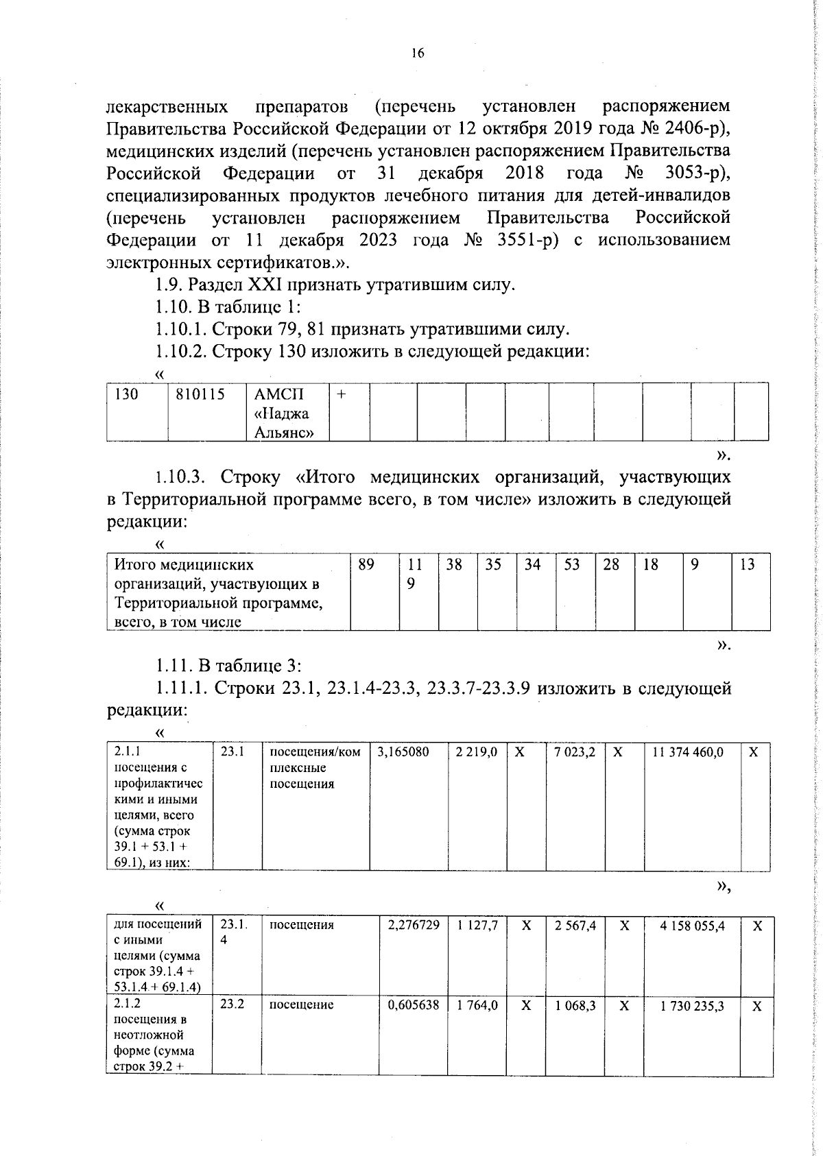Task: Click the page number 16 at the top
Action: pyautogui.click(x=418, y=53)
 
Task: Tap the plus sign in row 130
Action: pyautogui.click(x=342, y=395)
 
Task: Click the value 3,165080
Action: pyautogui.click(x=403, y=752)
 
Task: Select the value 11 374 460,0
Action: pyautogui.click(x=687, y=752)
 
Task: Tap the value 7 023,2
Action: pyautogui.click(x=575, y=752)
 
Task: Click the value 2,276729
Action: pyautogui.click(x=413, y=926)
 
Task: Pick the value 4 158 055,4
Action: pyautogui.click(x=693, y=926)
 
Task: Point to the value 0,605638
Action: pyautogui.click(x=413, y=1005)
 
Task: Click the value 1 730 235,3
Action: pyautogui.click(x=693, y=1006)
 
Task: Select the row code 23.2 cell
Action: pyautogui.click(x=232, y=1004)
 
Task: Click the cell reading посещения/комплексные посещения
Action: pyautogui.click(x=314, y=768)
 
